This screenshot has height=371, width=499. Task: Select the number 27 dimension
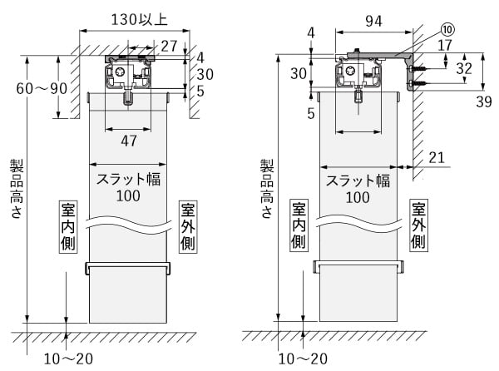point(169,46)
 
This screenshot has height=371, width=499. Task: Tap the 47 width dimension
point(129,141)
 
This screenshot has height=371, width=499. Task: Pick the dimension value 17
point(445,47)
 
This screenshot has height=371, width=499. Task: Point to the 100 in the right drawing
point(358,197)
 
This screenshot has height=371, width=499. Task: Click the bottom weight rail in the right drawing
point(358,267)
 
